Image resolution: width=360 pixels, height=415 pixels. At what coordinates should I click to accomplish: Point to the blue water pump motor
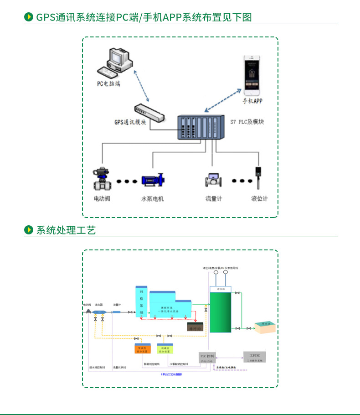[153, 180]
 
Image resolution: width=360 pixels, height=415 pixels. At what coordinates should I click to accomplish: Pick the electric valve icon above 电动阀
[102, 180]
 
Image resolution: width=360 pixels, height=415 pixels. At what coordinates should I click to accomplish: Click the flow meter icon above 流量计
[213, 180]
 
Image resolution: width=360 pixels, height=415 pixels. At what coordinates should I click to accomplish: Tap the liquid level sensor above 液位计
[258, 178]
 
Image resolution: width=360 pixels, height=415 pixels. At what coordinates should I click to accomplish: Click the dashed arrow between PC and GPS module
[142, 87]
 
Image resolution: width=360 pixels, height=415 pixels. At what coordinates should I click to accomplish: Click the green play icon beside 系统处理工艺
[28, 230]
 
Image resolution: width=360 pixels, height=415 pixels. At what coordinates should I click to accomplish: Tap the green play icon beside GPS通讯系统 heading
[28, 17]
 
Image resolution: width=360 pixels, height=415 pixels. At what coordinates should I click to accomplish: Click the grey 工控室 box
[254, 357]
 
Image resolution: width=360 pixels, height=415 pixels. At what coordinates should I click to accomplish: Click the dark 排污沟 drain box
[195, 327]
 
